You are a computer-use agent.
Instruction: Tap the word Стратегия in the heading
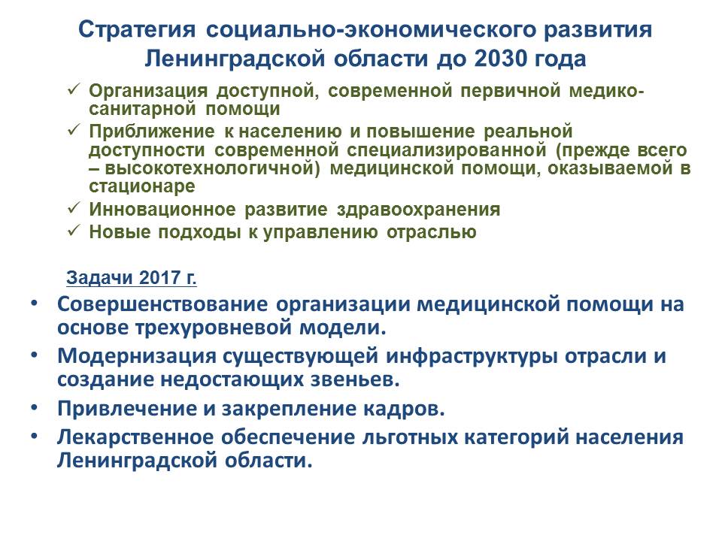(137, 30)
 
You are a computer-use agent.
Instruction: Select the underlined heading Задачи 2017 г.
(131, 278)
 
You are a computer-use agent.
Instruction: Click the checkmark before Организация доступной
(74, 89)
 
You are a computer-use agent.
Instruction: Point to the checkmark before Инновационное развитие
(74, 208)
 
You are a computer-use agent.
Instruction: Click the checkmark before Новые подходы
(74, 230)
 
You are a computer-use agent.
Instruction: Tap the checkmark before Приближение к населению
(74, 130)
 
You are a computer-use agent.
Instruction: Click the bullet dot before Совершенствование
(34, 304)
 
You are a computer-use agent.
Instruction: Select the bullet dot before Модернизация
(34, 355)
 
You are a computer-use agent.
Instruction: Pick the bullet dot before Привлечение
(34, 407)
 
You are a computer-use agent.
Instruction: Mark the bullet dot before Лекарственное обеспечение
(34, 437)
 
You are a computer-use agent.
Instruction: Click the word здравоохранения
(419, 210)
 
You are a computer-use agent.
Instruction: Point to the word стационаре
(142, 186)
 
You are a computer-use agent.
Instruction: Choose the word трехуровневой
(213, 328)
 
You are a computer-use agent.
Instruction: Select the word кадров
(405, 409)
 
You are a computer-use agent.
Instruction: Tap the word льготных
(410, 437)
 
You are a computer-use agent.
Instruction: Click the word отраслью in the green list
(432, 232)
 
